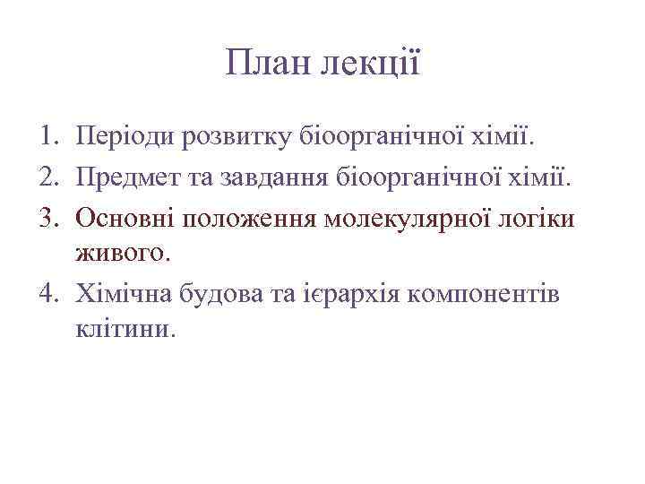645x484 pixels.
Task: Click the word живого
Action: pyautogui.click(x=122, y=254)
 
